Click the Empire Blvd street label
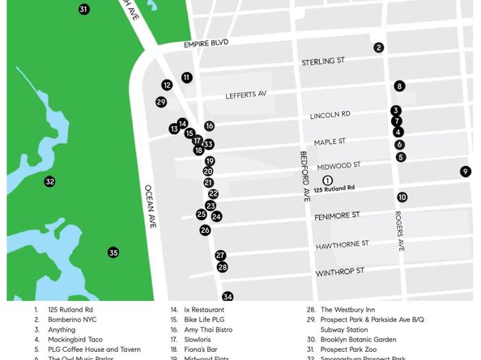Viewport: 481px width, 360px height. [x=206, y=43]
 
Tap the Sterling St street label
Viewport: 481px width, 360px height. [x=323, y=61]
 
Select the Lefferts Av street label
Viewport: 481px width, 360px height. [x=245, y=95]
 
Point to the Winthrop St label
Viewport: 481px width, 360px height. [x=340, y=271]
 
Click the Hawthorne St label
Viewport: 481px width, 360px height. [x=342, y=244]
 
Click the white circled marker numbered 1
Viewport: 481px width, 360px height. [x=327, y=180]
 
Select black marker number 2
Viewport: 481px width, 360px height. [x=378, y=48]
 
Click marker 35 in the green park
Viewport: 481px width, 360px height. [x=113, y=252]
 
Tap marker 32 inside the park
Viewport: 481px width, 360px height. [x=49, y=182]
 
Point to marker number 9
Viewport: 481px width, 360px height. [x=465, y=172]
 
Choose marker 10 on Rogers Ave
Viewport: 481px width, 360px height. [x=402, y=197]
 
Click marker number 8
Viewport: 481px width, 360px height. [x=399, y=86]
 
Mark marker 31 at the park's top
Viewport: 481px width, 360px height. [x=83, y=10]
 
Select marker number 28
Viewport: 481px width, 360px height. [x=223, y=267]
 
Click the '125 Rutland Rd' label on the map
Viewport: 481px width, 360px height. [x=334, y=189]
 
